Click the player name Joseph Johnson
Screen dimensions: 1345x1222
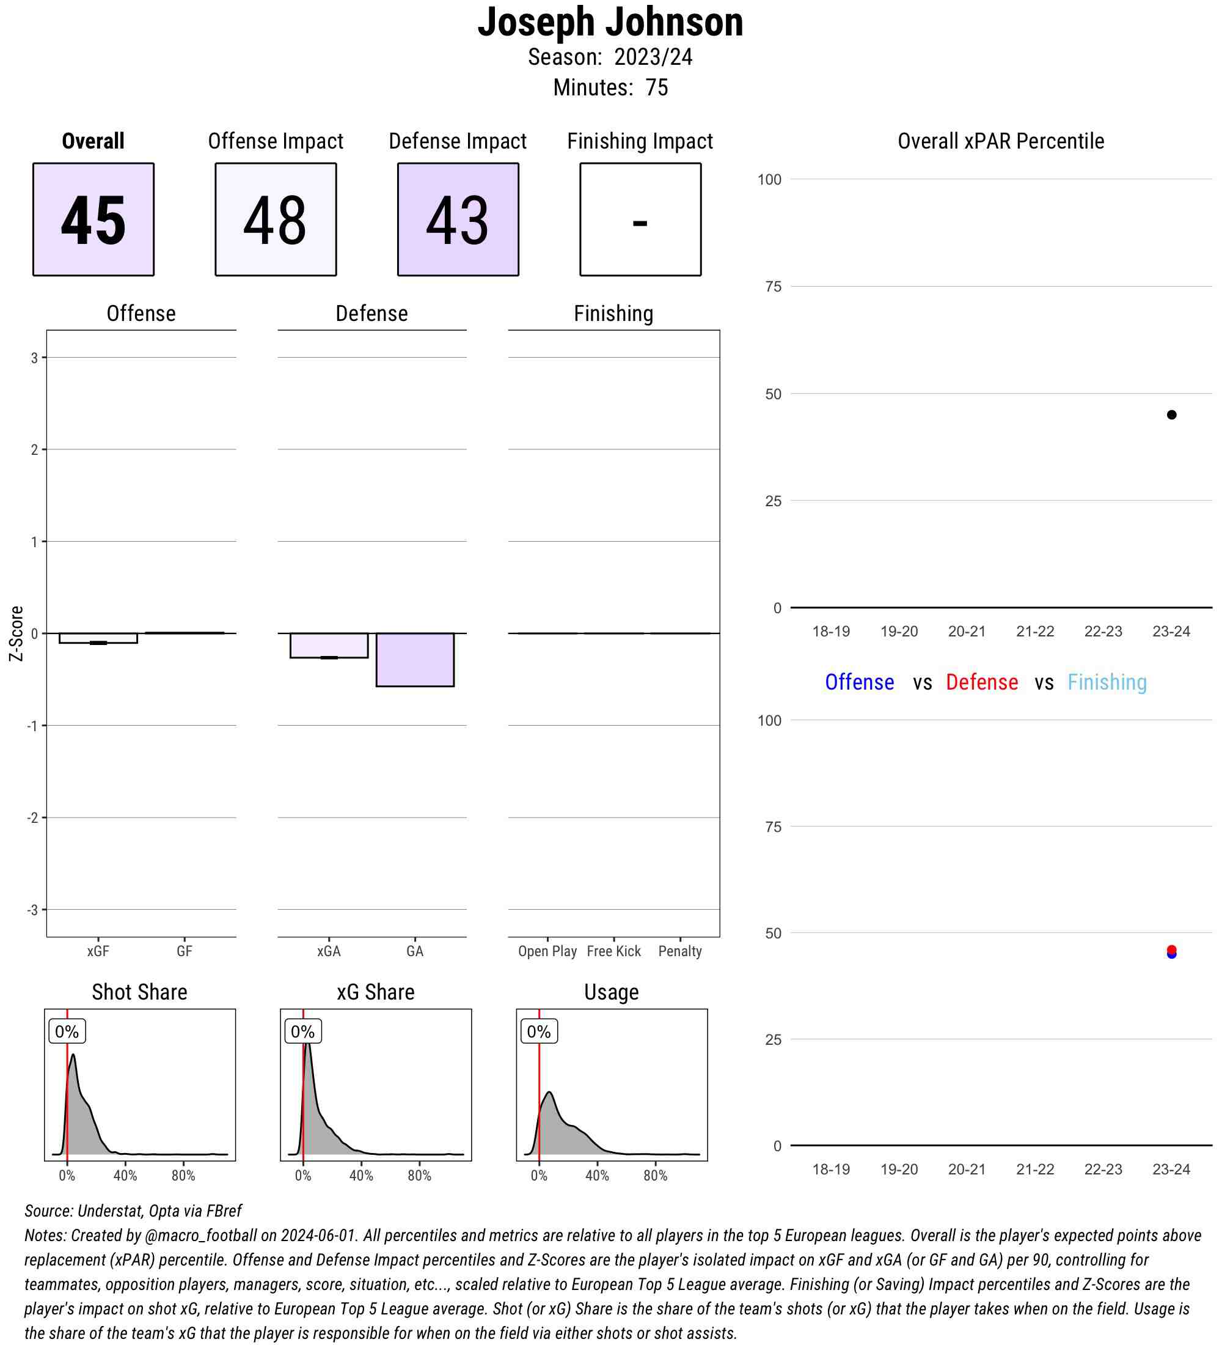(x=610, y=22)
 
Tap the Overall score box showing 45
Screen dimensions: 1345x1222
(x=93, y=219)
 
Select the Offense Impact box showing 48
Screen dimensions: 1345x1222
(x=276, y=219)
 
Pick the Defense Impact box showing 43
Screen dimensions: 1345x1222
(x=458, y=219)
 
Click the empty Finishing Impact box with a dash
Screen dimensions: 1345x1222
(x=640, y=219)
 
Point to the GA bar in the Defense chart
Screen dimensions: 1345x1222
(x=415, y=659)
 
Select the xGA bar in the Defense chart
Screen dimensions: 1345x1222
(x=329, y=645)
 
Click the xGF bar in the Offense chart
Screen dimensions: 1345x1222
(x=98, y=638)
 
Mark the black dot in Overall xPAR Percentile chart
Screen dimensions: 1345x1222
(x=1171, y=415)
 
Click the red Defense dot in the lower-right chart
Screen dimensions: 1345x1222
(x=1171, y=949)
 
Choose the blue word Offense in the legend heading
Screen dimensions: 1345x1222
(x=859, y=682)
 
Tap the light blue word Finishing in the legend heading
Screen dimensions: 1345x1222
(x=1107, y=682)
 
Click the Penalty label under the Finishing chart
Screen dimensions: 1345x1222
(x=680, y=951)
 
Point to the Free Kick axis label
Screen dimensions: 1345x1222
(x=613, y=951)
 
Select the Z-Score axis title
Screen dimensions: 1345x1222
(x=16, y=633)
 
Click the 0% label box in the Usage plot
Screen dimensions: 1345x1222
(x=539, y=1032)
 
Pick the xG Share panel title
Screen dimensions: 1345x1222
(x=375, y=992)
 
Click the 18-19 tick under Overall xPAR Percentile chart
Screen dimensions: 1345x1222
(x=831, y=631)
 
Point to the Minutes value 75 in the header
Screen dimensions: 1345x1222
(x=657, y=87)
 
